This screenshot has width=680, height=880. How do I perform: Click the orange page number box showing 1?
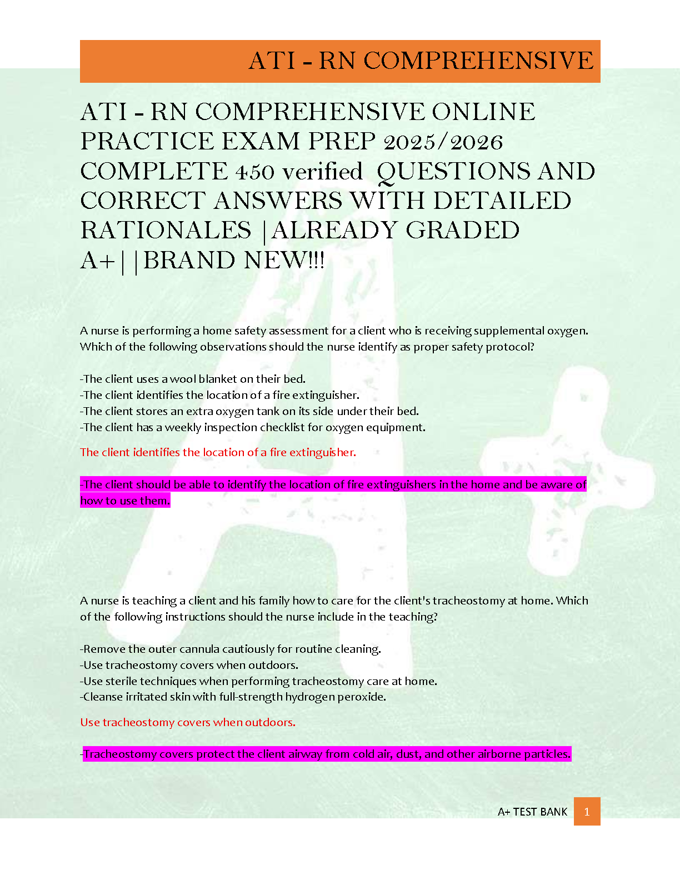pyautogui.click(x=587, y=812)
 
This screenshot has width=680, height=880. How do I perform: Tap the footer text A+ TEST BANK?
pyautogui.click(x=532, y=812)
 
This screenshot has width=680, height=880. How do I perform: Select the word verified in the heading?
pyautogui.click(x=322, y=172)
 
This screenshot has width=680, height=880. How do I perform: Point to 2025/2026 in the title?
pyautogui.click(x=443, y=142)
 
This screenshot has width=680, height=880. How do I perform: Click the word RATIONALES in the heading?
pyautogui.click(x=166, y=231)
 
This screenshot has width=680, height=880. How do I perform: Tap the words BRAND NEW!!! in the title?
pyautogui.click(x=234, y=260)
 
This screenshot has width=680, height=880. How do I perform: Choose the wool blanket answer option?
pyautogui.click(x=193, y=379)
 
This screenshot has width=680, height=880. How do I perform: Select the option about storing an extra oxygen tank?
pyautogui.click(x=249, y=411)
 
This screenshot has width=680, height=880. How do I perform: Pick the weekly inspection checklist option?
pyautogui.click(x=253, y=427)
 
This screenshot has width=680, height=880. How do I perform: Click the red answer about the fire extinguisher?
pyautogui.click(x=218, y=452)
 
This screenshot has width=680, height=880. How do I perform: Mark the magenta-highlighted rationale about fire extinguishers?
pyautogui.click(x=333, y=492)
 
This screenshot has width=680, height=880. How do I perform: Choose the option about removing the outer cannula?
pyautogui.click(x=231, y=649)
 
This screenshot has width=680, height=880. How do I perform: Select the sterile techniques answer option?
pyautogui.click(x=258, y=681)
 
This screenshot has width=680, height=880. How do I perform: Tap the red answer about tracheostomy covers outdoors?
pyautogui.click(x=188, y=722)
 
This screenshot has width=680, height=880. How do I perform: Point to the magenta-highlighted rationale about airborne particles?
pyautogui.click(x=327, y=754)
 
